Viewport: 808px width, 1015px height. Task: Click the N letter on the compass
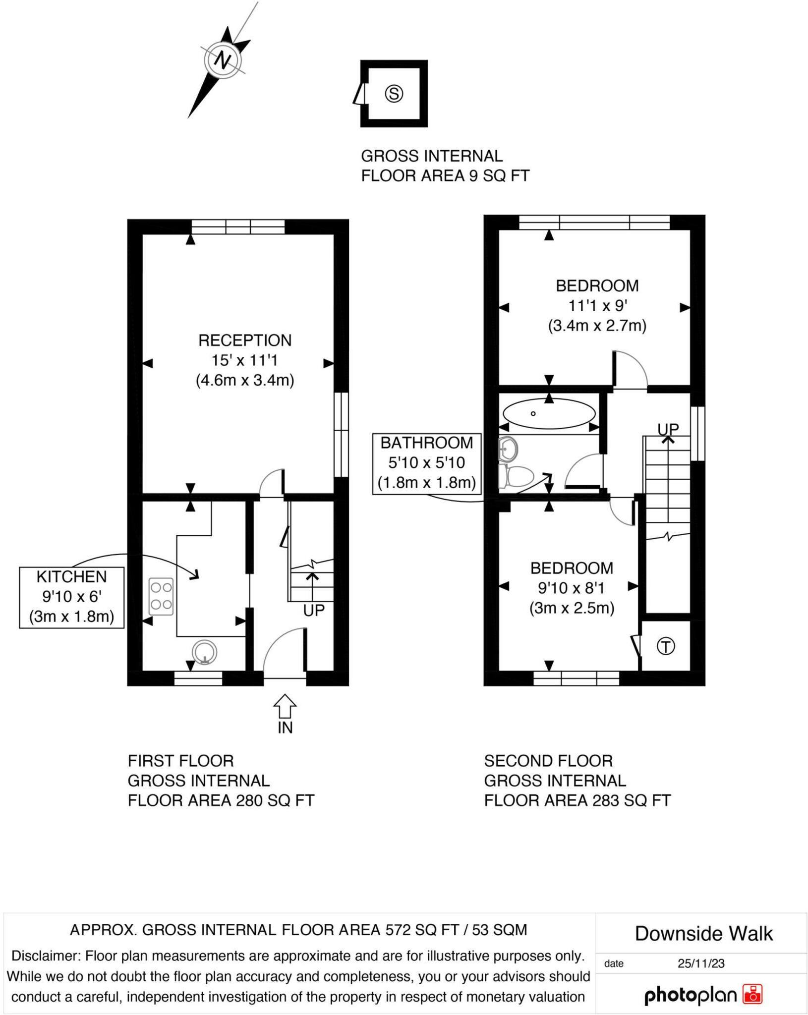pos(223,60)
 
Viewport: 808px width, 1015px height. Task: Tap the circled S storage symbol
pos(394,93)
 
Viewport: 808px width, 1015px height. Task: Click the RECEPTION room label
pos(245,340)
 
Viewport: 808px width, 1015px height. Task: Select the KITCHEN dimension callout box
pos(72,597)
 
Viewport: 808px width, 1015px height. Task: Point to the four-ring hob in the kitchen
pos(161,597)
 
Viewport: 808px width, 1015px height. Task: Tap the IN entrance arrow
pos(285,706)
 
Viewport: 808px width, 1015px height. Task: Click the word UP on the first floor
pos(314,611)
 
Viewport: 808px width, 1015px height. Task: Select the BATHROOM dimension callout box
pos(427,463)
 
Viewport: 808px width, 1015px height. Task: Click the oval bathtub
pos(549,413)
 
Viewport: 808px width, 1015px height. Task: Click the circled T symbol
pos(666,646)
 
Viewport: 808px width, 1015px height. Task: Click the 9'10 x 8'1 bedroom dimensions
pos(572,588)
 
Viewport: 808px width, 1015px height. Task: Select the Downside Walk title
pos(703,934)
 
